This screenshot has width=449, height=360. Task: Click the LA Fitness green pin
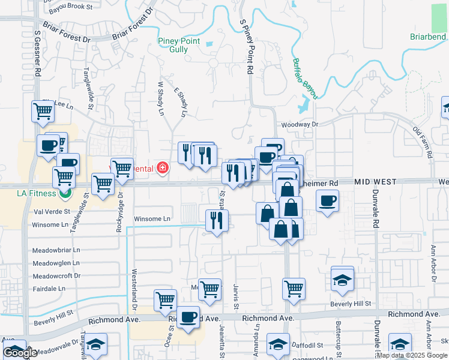pyautogui.click(x=66, y=193)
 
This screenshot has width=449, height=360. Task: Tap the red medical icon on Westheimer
pyautogui.click(x=162, y=168)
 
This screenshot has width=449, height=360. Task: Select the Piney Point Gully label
pyautogui.click(x=181, y=45)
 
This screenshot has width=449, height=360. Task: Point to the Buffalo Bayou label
pyautogui.click(x=305, y=78)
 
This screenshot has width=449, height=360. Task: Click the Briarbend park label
pyautogui.click(x=427, y=37)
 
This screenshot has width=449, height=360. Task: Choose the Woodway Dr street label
pyautogui.click(x=299, y=124)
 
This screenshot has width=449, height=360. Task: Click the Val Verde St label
pyautogui.click(x=52, y=211)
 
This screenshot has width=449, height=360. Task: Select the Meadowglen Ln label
pyautogui.click(x=56, y=263)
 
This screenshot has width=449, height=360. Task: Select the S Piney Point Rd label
pyautogui.click(x=246, y=46)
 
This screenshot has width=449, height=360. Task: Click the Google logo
pyautogui.click(x=20, y=353)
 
